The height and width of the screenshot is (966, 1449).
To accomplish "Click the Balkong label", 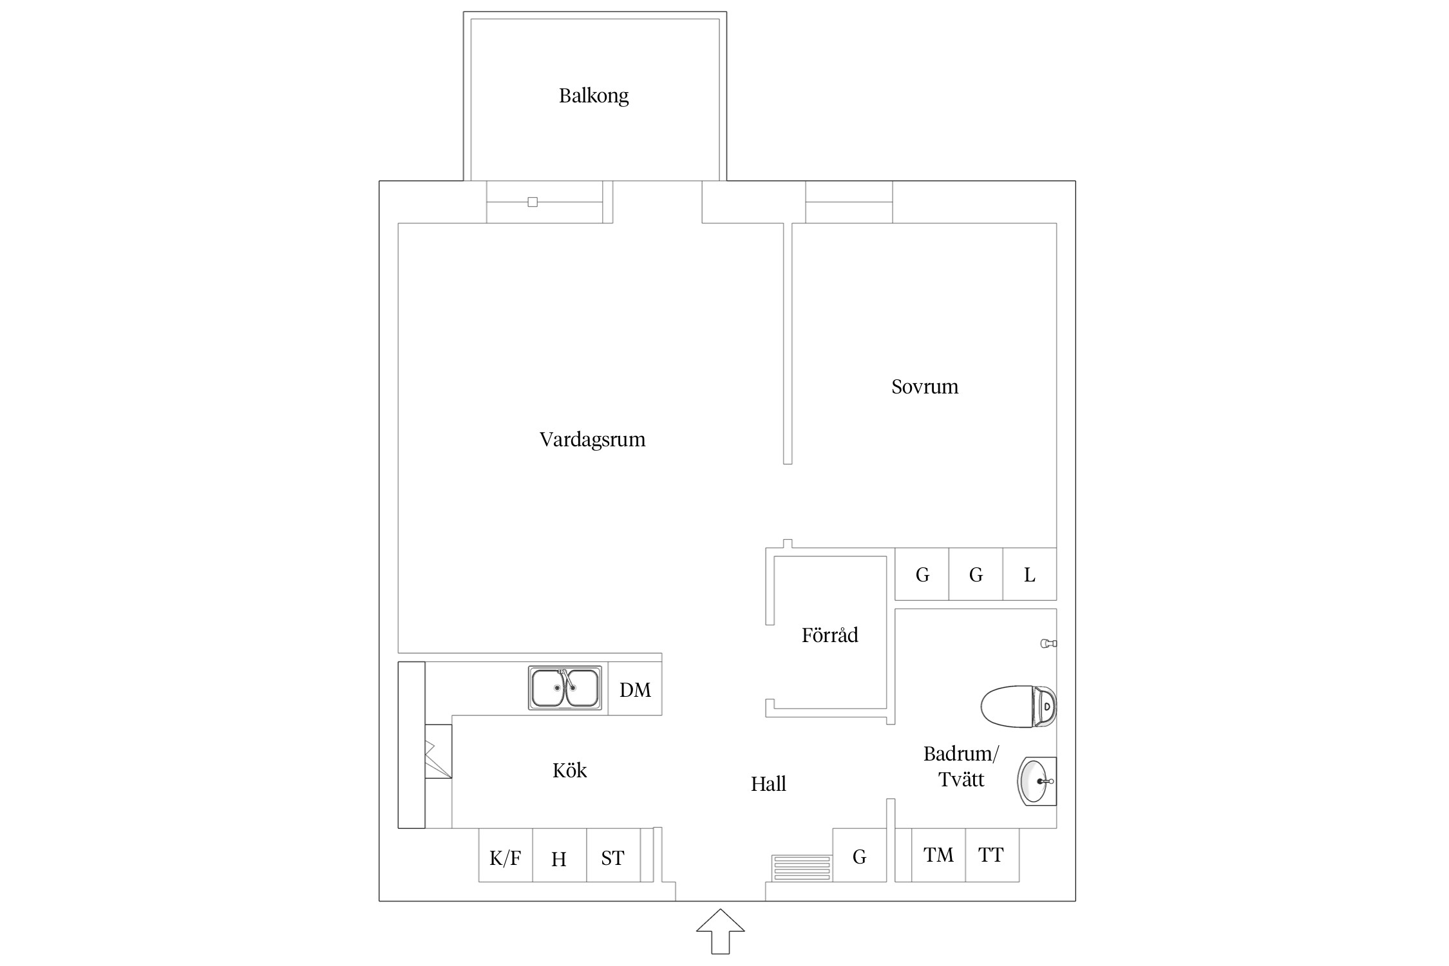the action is pos(593,96).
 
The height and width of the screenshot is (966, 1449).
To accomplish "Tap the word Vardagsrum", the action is pos(592,439).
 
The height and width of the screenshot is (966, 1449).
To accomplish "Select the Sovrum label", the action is pos(925,386).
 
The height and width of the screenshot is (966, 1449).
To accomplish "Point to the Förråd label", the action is pos(829,635).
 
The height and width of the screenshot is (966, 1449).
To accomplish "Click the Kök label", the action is pos(569,770).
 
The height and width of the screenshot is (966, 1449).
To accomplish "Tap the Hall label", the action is pos(768,784).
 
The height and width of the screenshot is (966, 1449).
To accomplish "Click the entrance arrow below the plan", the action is pos(721,931).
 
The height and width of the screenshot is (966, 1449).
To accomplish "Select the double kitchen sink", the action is pos(565,688).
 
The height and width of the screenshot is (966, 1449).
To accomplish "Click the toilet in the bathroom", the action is pos(1019,706).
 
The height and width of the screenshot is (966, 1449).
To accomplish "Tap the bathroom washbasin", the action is pos(1037,781).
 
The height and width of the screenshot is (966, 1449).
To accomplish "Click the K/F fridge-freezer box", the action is pos(506,855).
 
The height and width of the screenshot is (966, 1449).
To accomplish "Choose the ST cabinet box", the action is pos(613,855).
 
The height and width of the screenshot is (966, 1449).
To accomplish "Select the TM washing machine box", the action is pos(938,855).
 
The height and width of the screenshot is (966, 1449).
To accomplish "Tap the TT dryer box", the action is pos(992,855).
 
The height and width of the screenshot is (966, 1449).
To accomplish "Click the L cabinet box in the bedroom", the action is pos(1030,574).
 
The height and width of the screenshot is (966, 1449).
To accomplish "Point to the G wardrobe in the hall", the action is pos(860,855).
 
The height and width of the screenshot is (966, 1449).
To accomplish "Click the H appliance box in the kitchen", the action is pos(560,855).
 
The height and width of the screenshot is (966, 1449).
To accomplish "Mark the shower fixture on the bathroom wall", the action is pos(1049,643).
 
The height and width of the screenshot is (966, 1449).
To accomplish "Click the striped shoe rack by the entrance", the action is pos(802,868).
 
